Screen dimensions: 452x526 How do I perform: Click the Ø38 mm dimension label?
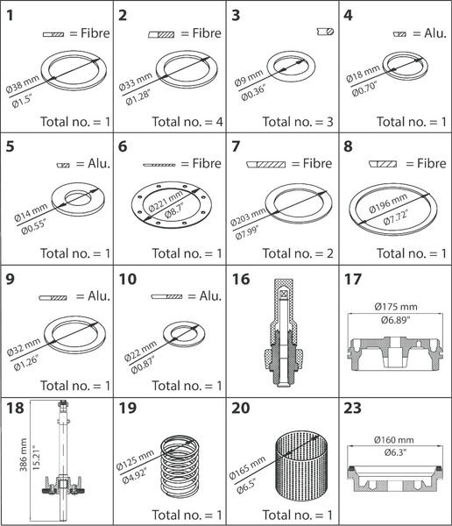point(23,84)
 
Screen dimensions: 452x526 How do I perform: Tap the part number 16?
point(240,279)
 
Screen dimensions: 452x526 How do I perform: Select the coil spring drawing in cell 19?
point(180,466)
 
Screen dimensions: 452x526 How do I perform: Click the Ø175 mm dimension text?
point(396,307)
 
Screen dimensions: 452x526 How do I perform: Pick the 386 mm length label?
point(23,454)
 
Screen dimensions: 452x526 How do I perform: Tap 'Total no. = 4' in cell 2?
point(187,122)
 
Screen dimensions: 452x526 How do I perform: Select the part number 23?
point(352,408)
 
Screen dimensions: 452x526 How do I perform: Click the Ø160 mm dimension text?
point(394,439)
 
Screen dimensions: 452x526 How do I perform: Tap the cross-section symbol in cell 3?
point(325,32)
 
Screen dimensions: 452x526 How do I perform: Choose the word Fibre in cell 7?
point(317,163)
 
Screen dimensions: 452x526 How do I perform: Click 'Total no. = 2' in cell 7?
point(298,253)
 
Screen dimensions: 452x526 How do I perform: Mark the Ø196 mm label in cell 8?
point(388,203)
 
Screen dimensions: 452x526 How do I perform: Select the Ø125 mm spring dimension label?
point(135,459)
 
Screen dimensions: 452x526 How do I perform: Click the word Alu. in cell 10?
point(210,296)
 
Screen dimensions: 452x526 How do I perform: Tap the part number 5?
point(10,146)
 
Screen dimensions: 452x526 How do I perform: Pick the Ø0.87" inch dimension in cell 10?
point(143,366)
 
